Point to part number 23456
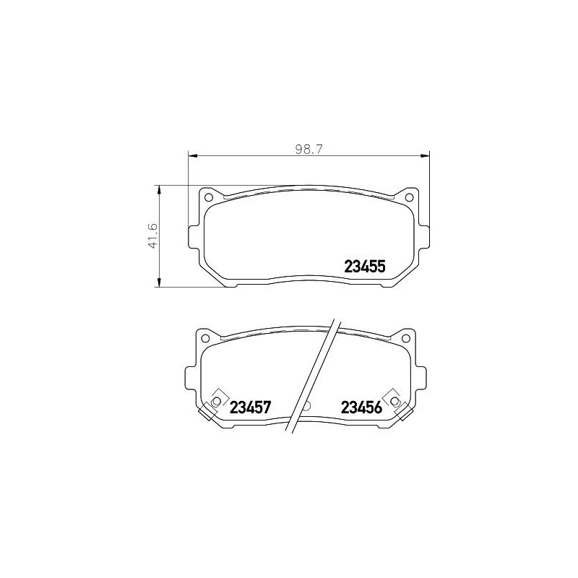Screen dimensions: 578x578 [x=361, y=407]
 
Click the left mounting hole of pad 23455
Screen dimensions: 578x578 [x=209, y=197]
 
